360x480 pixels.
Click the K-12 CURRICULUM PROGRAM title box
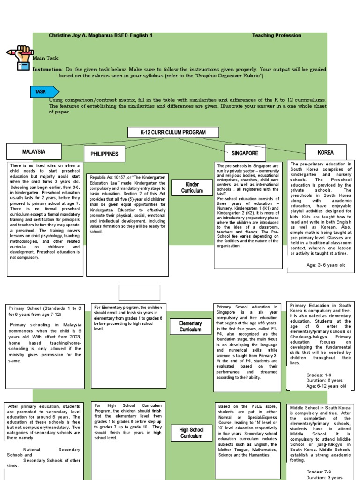(x=173, y=132)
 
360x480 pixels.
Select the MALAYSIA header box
(x=33, y=151)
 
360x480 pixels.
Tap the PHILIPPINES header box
(x=104, y=154)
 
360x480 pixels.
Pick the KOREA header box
(x=325, y=152)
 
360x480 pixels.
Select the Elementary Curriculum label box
(x=190, y=326)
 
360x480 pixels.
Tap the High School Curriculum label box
(x=191, y=433)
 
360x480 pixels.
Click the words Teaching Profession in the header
(x=277, y=35)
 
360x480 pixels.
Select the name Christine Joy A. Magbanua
(x=79, y=35)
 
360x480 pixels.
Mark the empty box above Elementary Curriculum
(x=139, y=292)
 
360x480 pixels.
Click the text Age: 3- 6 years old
(x=326, y=265)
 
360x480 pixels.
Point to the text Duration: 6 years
(x=324, y=381)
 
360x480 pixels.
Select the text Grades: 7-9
(x=319, y=472)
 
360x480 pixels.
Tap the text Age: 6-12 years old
(x=326, y=386)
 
